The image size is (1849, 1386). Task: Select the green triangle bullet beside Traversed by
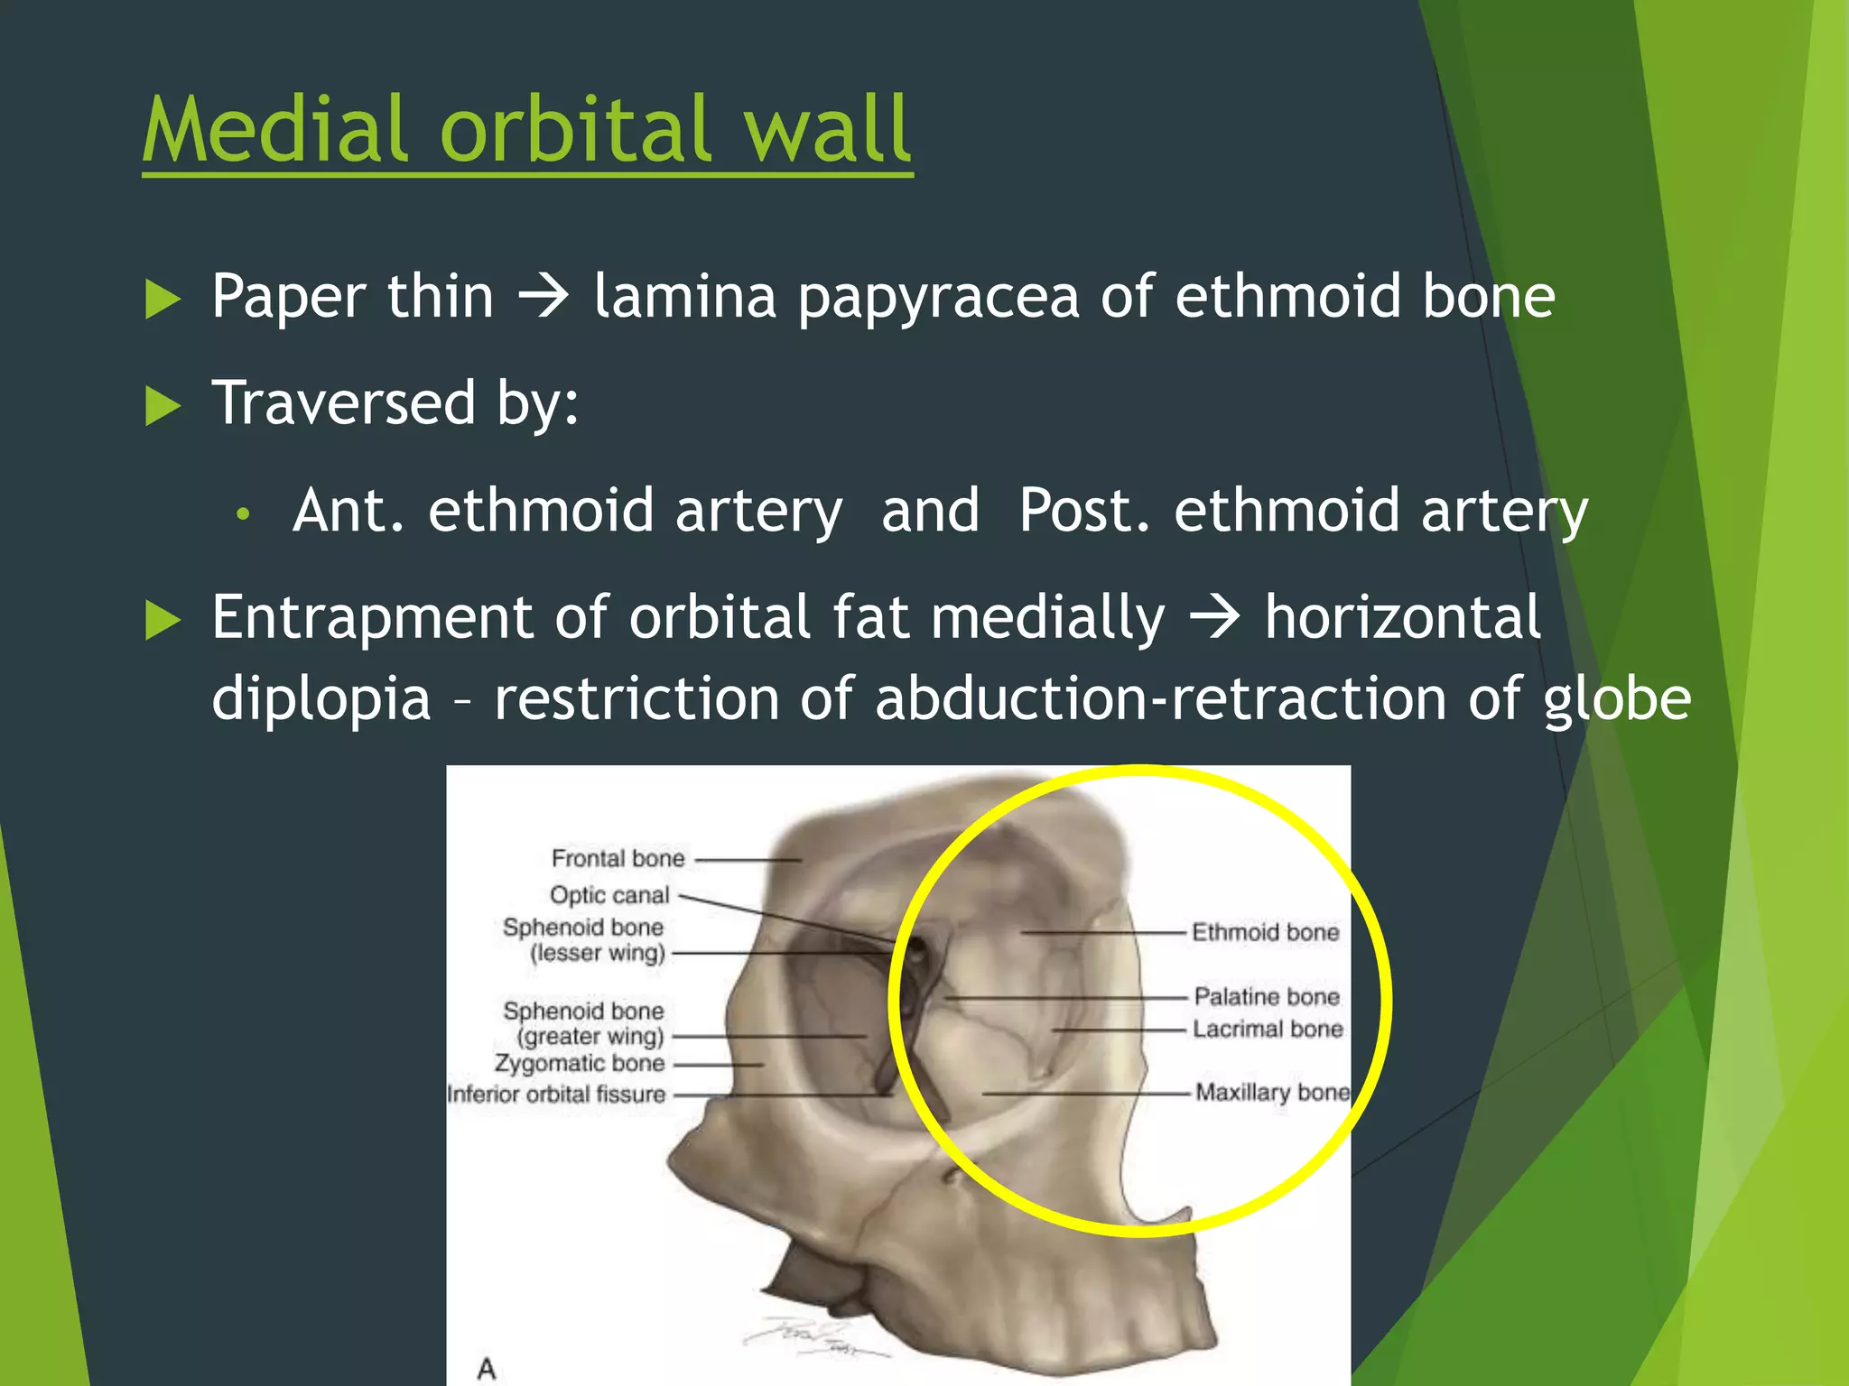[x=163, y=405]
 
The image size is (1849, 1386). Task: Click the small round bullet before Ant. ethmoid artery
[x=242, y=514]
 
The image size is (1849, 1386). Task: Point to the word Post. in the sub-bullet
[x=1083, y=511]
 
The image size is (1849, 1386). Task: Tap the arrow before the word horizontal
[x=1215, y=619]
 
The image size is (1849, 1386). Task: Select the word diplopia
[x=321, y=699]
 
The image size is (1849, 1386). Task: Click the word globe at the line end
[x=1616, y=699]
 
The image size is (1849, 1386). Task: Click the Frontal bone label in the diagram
[x=618, y=858]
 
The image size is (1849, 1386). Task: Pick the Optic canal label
[x=610, y=895]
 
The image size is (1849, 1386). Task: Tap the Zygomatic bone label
[x=580, y=1063]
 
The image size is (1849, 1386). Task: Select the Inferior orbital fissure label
[x=556, y=1095]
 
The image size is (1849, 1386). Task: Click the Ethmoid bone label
[x=1265, y=932]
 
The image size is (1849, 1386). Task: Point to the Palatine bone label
[x=1266, y=996]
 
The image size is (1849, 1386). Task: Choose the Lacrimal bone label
[x=1267, y=1029]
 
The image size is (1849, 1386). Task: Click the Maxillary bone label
[x=1272, y=1093]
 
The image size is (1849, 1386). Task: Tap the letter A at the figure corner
[x=487, y=1369]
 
